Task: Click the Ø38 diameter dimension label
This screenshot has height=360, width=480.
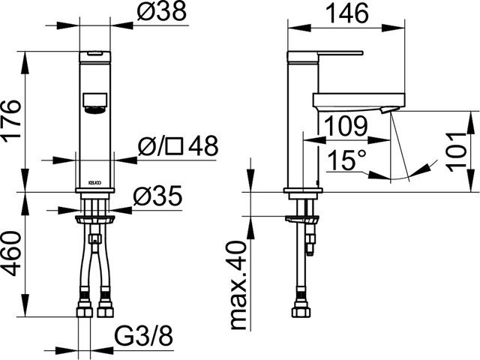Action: (x=161, y=13)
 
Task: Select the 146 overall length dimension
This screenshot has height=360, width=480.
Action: (x=348, y=13)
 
